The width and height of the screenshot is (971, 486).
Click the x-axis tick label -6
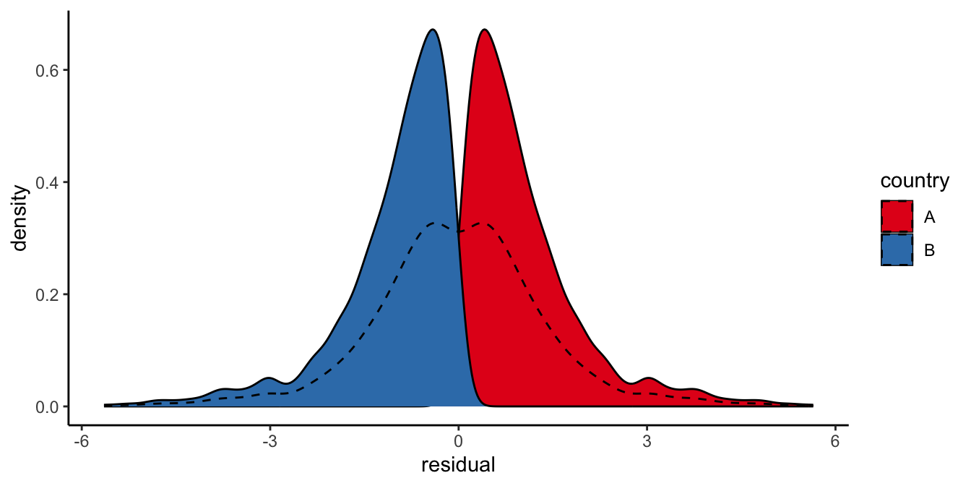click(x=80, y=440)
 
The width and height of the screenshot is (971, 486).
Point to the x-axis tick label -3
click(x=269, y=440)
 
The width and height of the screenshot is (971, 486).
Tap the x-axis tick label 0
click(x=458, y=440)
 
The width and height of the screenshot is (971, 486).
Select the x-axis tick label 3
click(x=647, y=440)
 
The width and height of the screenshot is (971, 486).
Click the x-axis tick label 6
click(x=835, y=440)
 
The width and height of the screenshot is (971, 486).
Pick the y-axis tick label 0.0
click(x=47, y=407)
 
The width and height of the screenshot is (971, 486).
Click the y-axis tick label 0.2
click(x=47, y=295)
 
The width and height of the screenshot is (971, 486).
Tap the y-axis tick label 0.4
click(x=47, y=182)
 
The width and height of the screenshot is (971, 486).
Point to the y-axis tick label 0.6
click(x=47, y=70)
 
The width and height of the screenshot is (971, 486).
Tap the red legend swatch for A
click(x=897, y=216)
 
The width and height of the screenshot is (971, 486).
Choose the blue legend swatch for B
click(x=897, y=250)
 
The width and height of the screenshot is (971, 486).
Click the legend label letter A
click(x=929, y=216)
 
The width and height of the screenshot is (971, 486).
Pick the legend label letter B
click(x=929, y=250)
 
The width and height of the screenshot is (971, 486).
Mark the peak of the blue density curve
click(x=432, y=30)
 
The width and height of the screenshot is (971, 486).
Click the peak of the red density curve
click(x=484, y=30)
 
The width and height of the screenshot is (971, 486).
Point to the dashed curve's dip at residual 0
click(x=458, y=231)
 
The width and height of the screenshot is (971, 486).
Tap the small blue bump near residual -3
click(x=269, y=378)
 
